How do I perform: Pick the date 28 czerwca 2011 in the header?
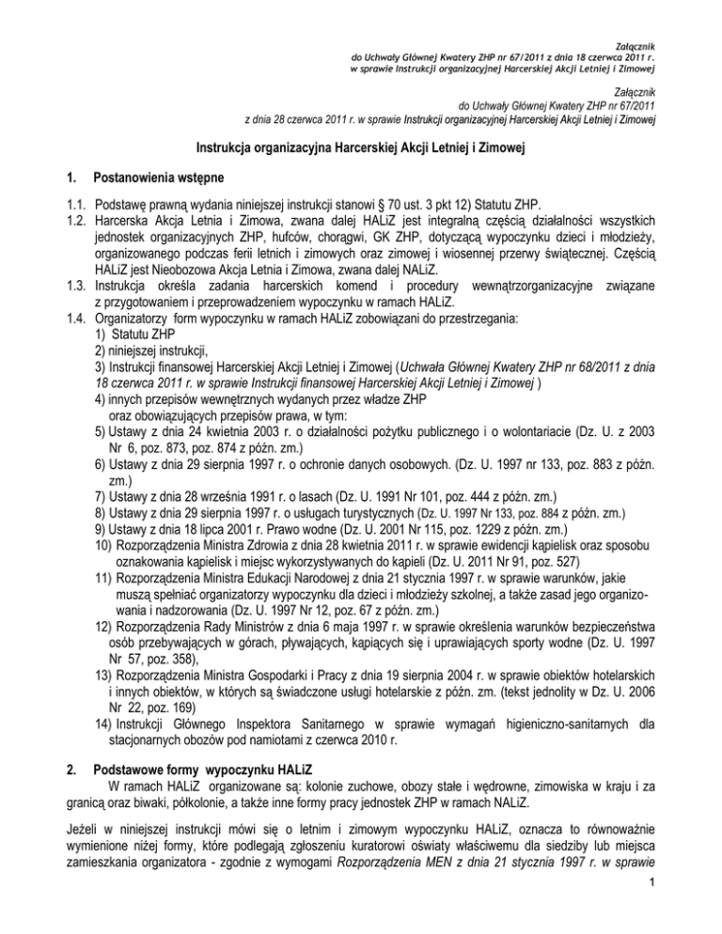click(x=301, y=119)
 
